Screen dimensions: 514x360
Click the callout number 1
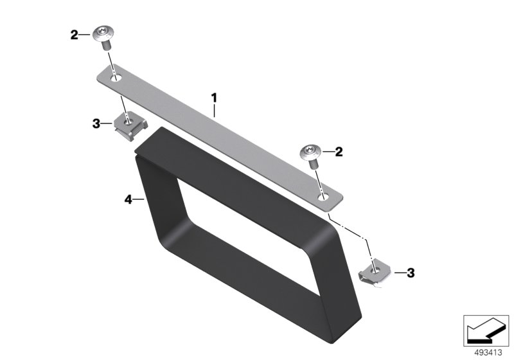tap(214, 98)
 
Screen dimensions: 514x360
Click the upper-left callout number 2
tap(75, 35)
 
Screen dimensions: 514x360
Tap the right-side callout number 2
tap(339, 152)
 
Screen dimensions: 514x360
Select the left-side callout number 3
tap(96, 124)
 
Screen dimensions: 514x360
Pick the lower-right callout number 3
tap(411, 273)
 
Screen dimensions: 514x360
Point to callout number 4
tap(128, 199)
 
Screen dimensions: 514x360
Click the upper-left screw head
tap(103, 34)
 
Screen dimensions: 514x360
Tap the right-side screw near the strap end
tap(310, 156)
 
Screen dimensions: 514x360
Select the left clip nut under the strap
tap(130, 125)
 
